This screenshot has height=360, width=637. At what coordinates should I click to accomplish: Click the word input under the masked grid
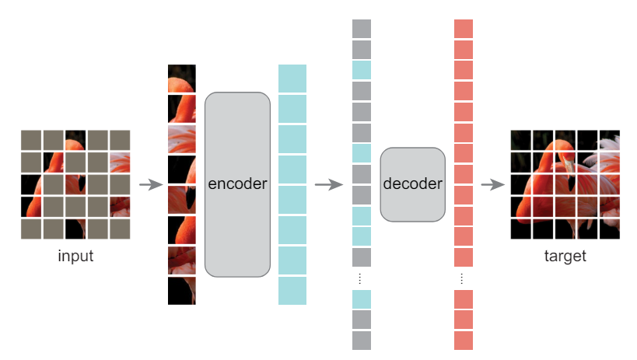pyautogui.click(x=75, y=256)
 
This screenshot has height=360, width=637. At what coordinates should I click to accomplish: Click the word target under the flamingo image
pyautogui.click(x=565, y=257)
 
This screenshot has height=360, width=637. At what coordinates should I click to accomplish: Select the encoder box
pyautogui.click(x=238, y=184)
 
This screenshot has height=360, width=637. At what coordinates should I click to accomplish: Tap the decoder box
pyautogui.click(x=413, y=184)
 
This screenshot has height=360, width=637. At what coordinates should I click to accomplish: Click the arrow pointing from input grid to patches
pyautogui.click(x=151, y=184)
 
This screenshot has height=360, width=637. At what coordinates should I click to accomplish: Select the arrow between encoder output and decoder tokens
pyautogui.click(x=329, y=184)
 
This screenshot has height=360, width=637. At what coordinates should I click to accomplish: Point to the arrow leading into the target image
pyautogui.click(x=493, y=184)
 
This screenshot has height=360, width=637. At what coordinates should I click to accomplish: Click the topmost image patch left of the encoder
pyautogui.click(x=182, y=79)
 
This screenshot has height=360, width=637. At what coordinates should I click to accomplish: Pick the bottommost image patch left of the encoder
pyautogui.click(x=182, y=291)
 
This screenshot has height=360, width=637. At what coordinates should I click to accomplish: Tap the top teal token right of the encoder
pyautogui.click(x=292, y=79)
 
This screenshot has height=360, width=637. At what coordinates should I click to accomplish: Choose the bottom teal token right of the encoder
pyautogui.click(x=292, y=291)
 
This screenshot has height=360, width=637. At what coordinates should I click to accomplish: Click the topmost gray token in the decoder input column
pyautogui.click(x=362, y=29)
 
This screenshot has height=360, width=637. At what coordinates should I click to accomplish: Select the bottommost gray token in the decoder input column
pyautogui.click(x=362, y=341)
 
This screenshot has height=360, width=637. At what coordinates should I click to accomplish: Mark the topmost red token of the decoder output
pyautogui.click(x=464, y=29)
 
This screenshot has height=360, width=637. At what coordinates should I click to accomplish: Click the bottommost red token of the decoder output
pyautogui.click(x=464, y=341)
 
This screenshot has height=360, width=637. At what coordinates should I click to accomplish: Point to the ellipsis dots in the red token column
pyautogui.click(x=462, y=278)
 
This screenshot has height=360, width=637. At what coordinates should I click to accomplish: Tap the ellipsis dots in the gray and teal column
pyautogui.click(x=360, y=278)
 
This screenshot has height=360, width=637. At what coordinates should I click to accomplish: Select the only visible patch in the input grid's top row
pyautogui.click(x=75, y=140)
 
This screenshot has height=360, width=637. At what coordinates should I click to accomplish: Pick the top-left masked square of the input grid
pyautogui.click(x=31, y=140)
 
